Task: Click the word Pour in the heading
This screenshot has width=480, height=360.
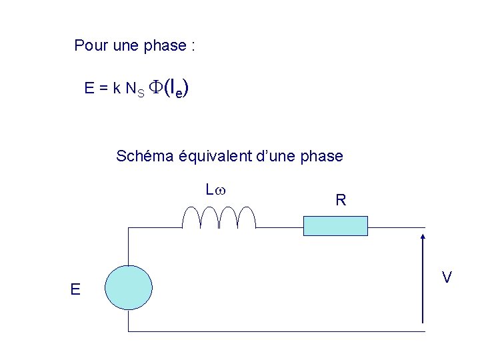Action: pos(88,46)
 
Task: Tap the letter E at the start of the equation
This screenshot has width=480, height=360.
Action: pos(89,88)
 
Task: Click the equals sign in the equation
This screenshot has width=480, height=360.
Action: pos(103,88)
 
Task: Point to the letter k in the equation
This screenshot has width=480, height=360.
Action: pos(116,88)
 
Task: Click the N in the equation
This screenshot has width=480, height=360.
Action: pos(130,88)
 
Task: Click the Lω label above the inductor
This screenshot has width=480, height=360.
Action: pos(215,190)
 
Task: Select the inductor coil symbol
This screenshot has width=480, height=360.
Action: pos(219,217)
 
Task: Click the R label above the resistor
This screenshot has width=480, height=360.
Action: pos(341,199)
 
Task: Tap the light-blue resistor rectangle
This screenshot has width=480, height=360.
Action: pos(335,226)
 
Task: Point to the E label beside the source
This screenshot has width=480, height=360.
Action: pos(75,289)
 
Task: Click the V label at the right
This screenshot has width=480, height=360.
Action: pos(447,277)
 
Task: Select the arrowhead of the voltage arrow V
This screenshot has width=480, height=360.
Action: pos(424,237)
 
